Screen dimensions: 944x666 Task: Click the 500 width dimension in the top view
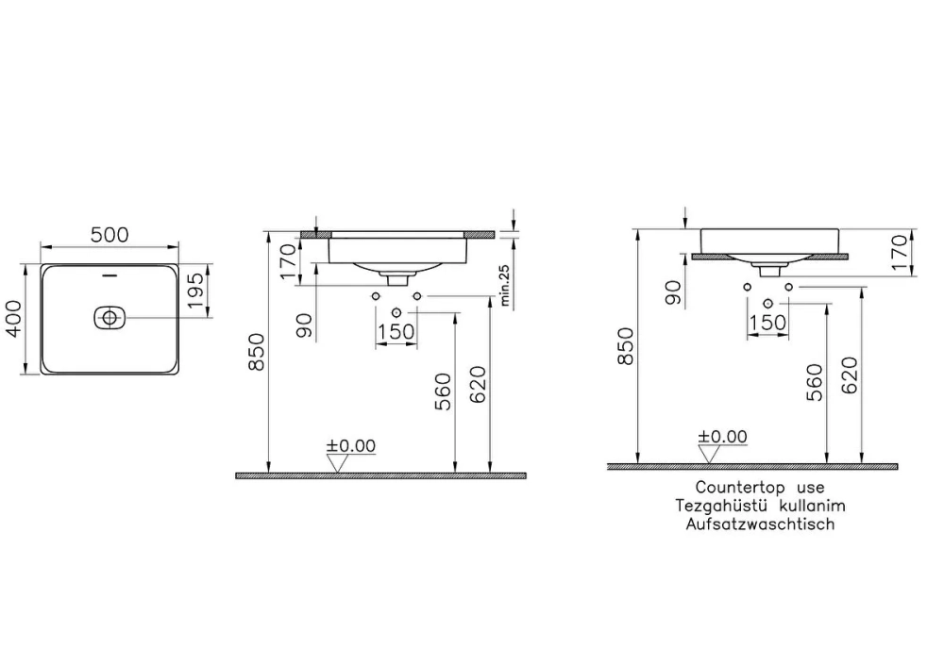coord(110,235)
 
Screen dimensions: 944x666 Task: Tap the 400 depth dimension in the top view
coord(13,319)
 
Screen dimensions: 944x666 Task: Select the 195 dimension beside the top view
coord(195,291)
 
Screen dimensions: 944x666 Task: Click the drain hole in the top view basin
coord(110,317)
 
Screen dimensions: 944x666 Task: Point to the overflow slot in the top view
coord(110,276)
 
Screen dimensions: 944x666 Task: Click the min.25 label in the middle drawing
coord(504,286)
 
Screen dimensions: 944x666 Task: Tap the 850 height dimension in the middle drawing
coord(256,352)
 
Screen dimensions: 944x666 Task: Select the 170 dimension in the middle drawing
coord(289,262)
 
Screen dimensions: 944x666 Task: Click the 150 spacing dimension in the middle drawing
coord(396,331)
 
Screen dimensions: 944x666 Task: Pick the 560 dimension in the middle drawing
coord(443,392)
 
